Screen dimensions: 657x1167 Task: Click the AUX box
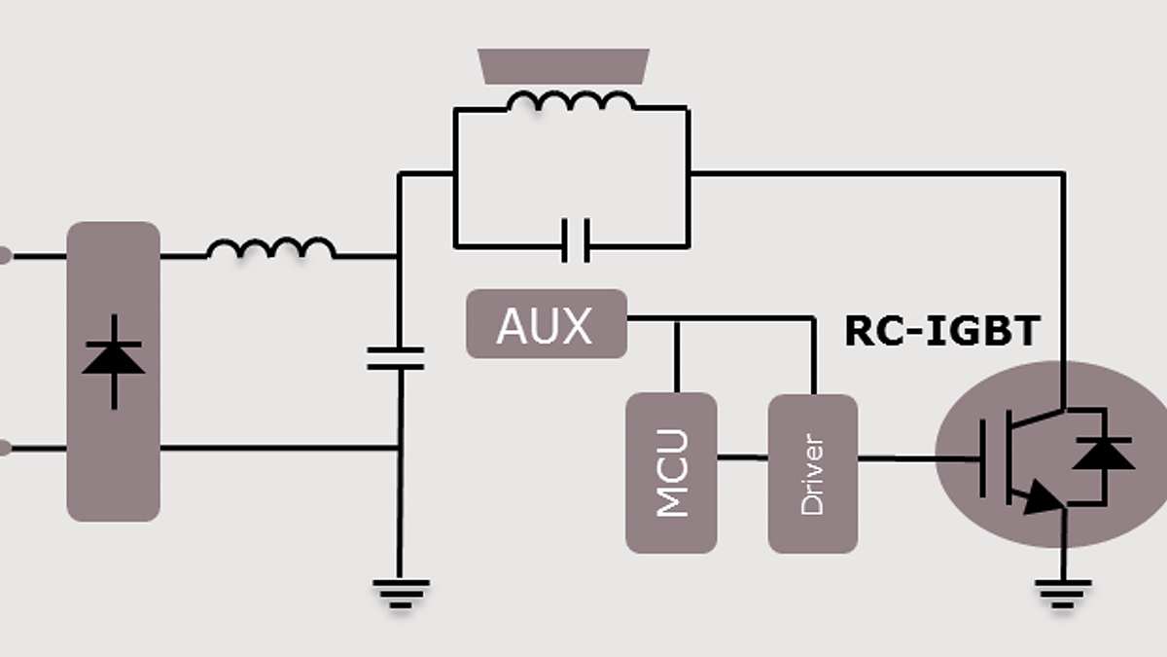pos(546,324)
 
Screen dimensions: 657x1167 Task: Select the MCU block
pos(671,473)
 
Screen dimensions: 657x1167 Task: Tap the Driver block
pos(813,473)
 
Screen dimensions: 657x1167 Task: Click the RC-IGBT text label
pos(942,332)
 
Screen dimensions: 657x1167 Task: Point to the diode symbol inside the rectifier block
pos(114,360)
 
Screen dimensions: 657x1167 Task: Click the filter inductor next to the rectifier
pos(270,249)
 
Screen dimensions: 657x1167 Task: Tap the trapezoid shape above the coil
pos(564,65)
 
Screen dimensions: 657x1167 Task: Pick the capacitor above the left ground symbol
pos(396,358)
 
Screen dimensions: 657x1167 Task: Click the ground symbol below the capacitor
pos(400,592)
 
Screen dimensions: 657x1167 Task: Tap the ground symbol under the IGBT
pos(1063,592)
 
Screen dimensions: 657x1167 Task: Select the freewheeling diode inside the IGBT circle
pos(1104,455)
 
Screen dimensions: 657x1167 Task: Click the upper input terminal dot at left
pos(4,256)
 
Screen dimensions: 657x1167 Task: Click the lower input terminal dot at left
pos(4,448)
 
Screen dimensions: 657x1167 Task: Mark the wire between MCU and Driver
pos(742,457)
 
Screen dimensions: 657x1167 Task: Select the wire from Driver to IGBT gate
pos(914,457)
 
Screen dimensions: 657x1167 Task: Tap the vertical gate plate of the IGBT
pos(983,457)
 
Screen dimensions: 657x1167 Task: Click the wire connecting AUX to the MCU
pos(677,356)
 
